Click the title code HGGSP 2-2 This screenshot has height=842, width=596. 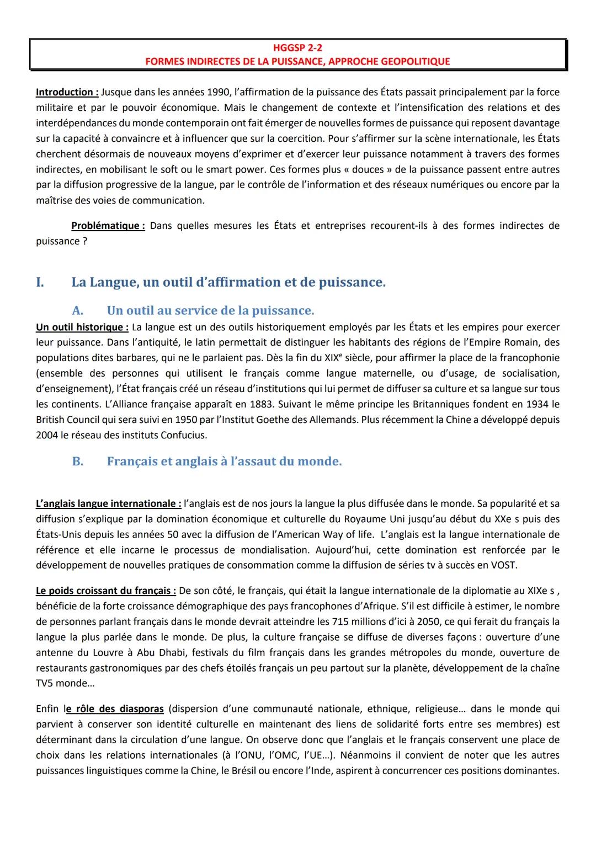(x=298, y=49)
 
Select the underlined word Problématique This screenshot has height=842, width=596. (x=108, y=226)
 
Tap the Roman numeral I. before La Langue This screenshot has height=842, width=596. (x=40, y=282)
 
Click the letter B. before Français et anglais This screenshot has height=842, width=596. (x=78, y=462)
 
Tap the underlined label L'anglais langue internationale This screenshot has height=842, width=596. (x=108, y=503)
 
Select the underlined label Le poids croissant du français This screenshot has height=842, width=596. (x=106, y=591)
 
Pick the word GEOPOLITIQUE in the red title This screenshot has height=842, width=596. (x=415, y=61)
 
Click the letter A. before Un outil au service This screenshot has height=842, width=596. (x=78, y=310)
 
